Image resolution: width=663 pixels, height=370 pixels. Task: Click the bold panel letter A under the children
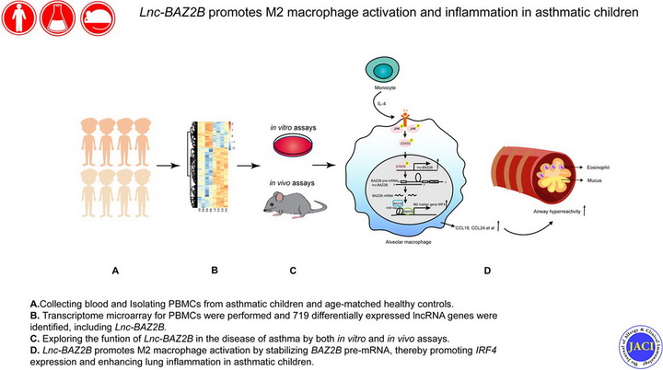[116, 272]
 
